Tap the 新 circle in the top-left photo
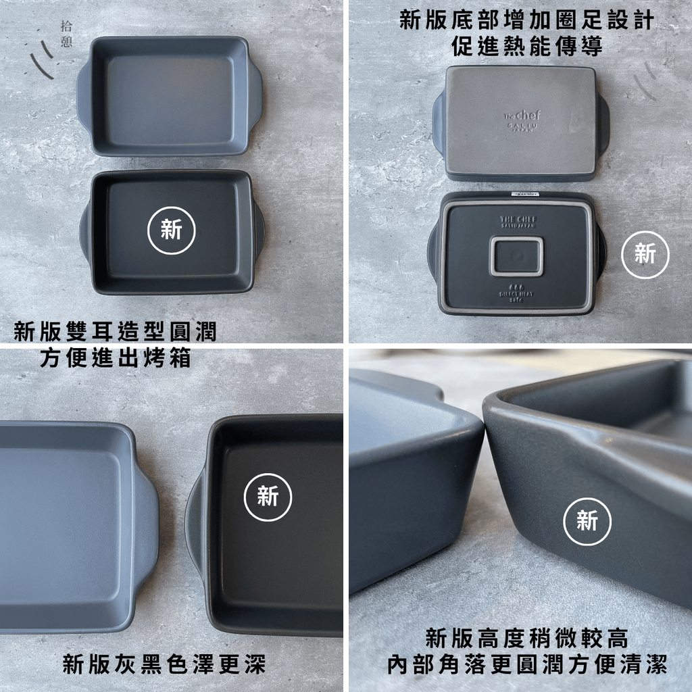(172, 230)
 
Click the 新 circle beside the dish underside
(645, 254)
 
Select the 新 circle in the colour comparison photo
(268, 497)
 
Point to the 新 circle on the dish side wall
(587, 521)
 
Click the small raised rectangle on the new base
(516, 256)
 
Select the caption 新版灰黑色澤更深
(164, 664)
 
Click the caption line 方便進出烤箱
(116, 357)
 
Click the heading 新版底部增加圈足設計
(526, 20)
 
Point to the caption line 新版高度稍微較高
(526, 637)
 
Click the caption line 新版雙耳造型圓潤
(116, 331)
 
